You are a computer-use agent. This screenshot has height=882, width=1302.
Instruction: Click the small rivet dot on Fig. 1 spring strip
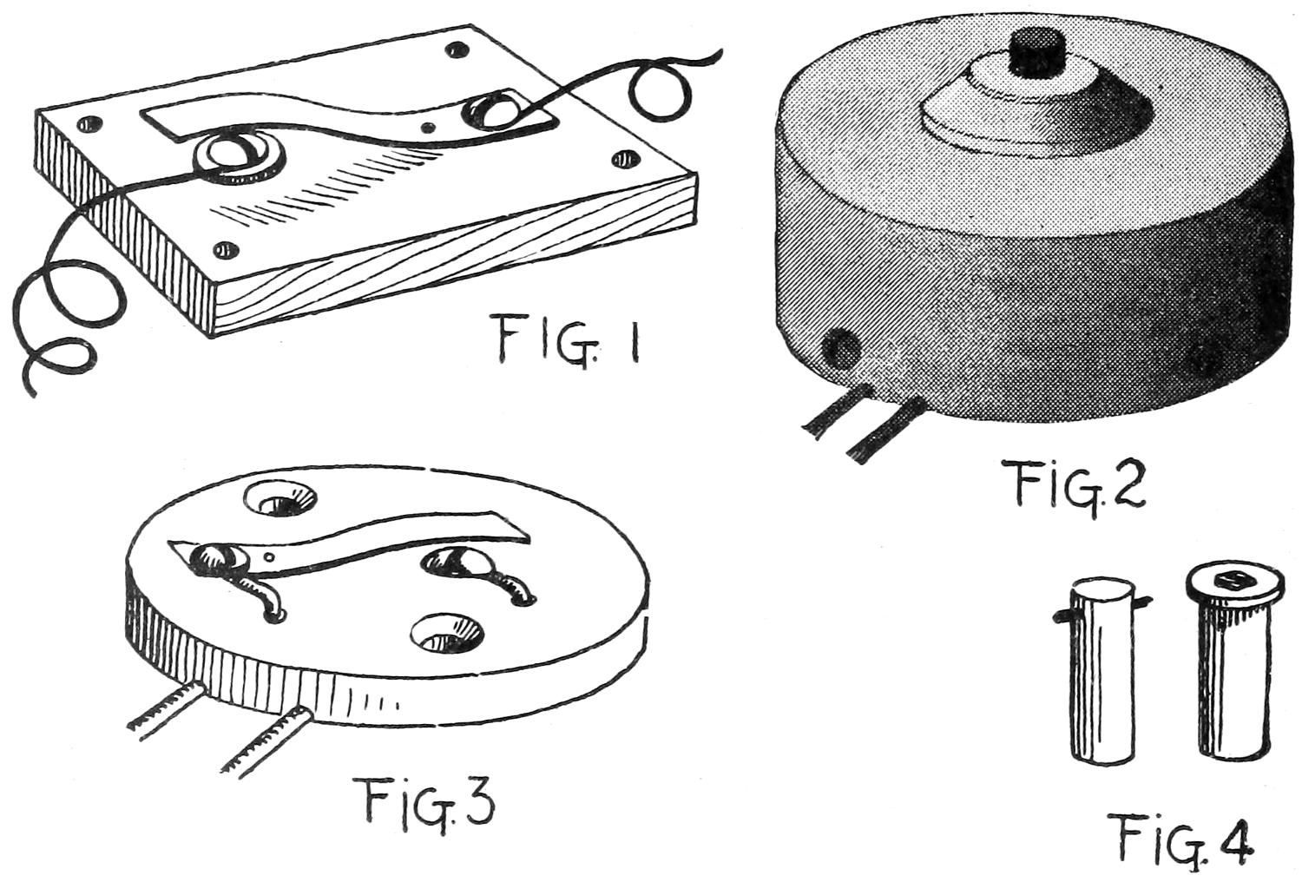(x=429, y=128)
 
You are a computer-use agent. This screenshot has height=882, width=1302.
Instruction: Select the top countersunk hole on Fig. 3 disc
(x=280, y=500)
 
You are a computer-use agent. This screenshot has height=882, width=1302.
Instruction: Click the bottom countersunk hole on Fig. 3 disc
(x=448, y=632)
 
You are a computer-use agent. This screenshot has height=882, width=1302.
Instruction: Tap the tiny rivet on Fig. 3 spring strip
(x=268, y=556)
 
